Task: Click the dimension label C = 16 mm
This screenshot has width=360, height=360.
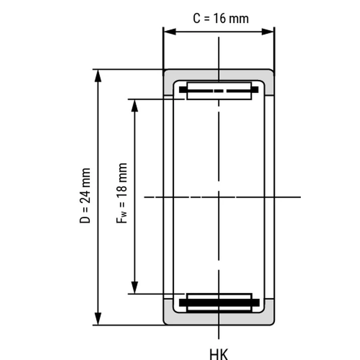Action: pyautogui.click(x=221, y=18)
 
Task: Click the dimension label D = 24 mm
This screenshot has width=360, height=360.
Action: pyautogui.click(x=85, y=195)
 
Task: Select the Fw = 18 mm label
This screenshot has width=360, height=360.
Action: pyautogui.click(x=122, y=193)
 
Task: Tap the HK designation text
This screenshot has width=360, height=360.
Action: pyautogui.click(x=219, y=354)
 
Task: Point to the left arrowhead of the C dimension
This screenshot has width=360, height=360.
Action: pyautogui.click(x=170, y=32)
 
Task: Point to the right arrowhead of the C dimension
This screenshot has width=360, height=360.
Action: pyautogui.click(x=268, y=32)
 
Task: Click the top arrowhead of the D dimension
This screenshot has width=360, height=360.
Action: pyautogui.click(x=98, y=76)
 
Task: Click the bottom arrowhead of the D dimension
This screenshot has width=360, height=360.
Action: pyautogui.click(x=98, y=319)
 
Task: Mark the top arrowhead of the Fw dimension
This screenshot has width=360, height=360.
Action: pyautogui.click(x=134, y=106)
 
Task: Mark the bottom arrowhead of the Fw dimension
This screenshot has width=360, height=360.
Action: pyautogui.click(x=134, y=288)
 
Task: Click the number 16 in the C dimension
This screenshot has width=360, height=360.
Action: pyautogui.click(x=219, y=18)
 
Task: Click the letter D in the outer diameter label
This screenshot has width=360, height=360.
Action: pyautogui.click(x=85, y=219)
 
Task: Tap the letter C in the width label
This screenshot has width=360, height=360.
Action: pyautogui.click(x=197, y=18)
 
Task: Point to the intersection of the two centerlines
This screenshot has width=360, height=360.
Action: pyautogui.click(x=218, y=197)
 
